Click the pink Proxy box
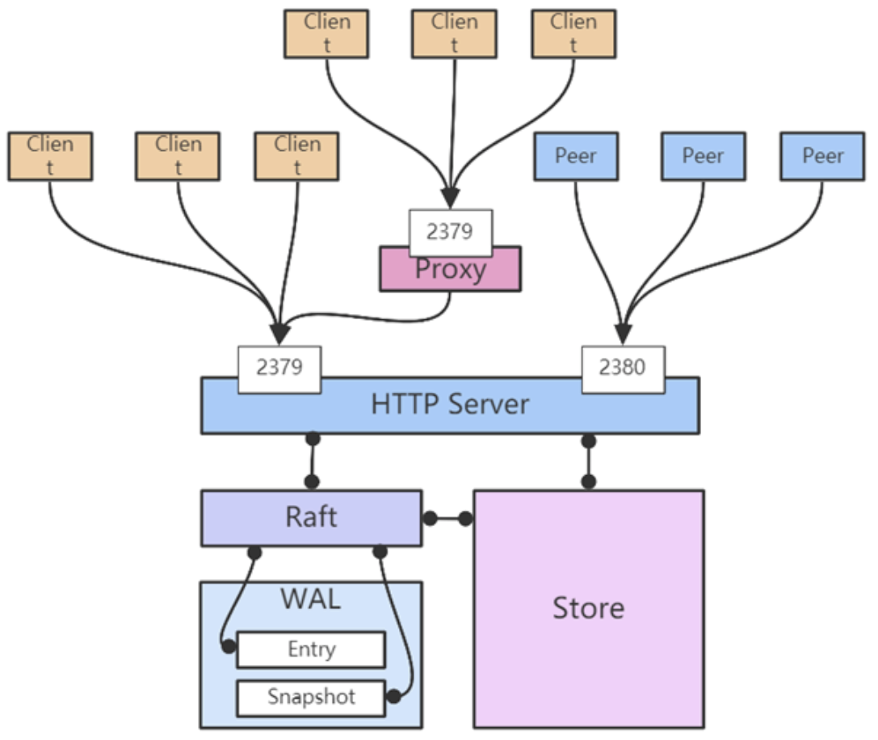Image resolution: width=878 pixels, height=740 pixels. tap(450, 270)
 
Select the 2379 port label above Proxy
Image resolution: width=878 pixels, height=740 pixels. tap(450, 232)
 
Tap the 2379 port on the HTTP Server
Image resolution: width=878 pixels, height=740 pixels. tap(279, 369)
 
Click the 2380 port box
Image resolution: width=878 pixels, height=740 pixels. tap(623, 369)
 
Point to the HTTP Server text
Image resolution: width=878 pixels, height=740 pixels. tap(450, 404)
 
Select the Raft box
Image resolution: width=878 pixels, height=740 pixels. tap(311, 518)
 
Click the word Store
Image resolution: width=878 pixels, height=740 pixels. tap(588, 608)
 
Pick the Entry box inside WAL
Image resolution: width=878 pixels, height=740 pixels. tap(311, 650)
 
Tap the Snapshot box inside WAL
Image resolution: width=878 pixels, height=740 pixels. tap(311, 697)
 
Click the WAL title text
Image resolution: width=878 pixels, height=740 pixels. tap(310, 599)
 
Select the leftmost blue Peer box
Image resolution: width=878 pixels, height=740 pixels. tap(576, 156)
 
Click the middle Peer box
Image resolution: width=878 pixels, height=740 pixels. tap(703, 156)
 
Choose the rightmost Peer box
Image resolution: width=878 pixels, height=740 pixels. tap(822, 156)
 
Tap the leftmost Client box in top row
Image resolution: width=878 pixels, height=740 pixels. tap(326, 34)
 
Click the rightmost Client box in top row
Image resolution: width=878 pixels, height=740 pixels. tap(573, 34)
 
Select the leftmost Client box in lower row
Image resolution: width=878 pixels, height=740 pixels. tap(50, 156)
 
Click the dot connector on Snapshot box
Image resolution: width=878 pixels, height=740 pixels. tap(393, 696)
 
